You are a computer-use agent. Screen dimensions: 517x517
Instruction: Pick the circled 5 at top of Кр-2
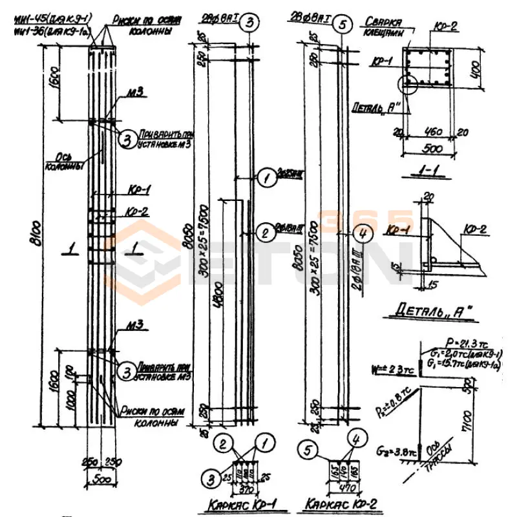(x=343, y=25)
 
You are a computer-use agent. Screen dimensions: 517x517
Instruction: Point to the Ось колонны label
(x=60, y=162)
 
